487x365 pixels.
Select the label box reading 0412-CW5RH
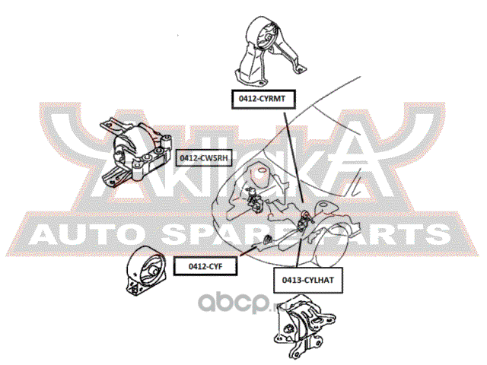pos(202,157)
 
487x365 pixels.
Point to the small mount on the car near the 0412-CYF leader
pos(268,241)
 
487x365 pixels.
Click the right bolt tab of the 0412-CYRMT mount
pos(291,77)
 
